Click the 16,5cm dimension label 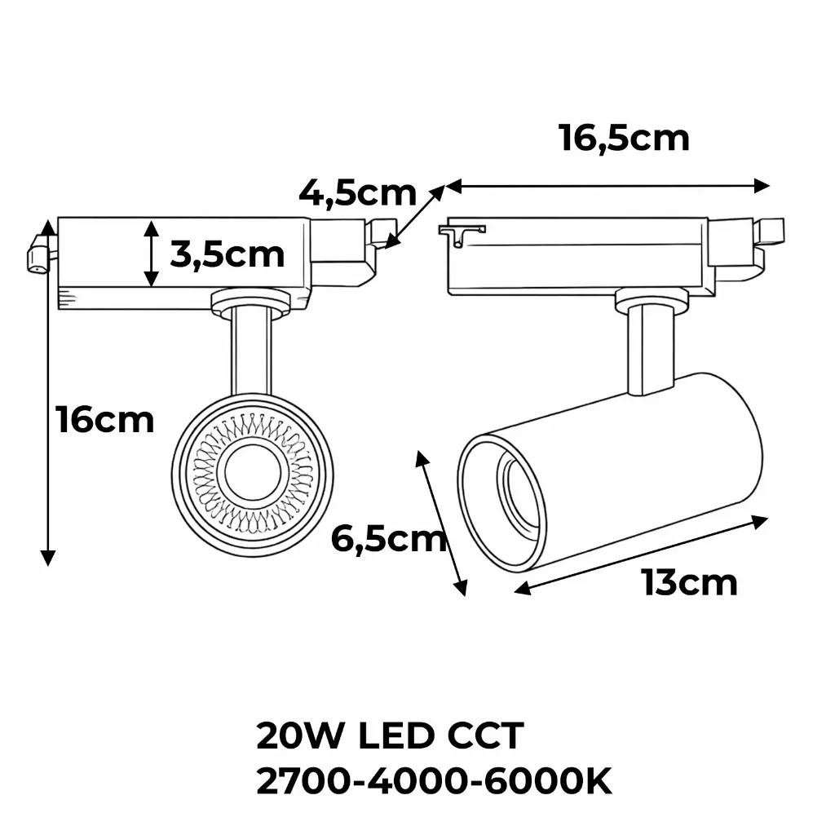pos(624,138)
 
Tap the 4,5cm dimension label pos(357,194)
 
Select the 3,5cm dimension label pos(228,254)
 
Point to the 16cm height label pos(105,420)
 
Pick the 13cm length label pos(689,582)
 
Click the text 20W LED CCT pos(389,736)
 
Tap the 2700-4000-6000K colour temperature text pos(434,783)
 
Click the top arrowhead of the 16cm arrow pos(49,224)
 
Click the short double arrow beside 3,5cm pos(152,254)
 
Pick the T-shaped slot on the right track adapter pos(460,233)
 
